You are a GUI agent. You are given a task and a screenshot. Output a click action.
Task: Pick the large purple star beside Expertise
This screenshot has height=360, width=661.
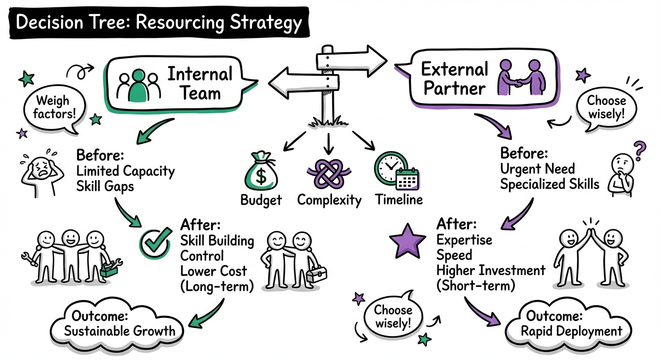pyautogui.click(x=408, y=241)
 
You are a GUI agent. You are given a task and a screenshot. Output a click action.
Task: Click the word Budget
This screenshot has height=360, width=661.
pyautogui.click(x=261, y=200)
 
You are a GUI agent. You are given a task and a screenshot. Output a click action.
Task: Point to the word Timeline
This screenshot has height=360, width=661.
pyautogui.click(x=399, y=200)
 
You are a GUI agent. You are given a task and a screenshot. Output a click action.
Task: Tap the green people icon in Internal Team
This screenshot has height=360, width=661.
pyautogui.click(x=138, y=85)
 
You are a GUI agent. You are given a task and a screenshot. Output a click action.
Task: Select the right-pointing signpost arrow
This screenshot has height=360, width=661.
pyautogui.click(x=352, y=59)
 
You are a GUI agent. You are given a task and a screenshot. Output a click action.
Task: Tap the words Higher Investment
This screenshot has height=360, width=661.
pyautogui.click(x=491, y=270)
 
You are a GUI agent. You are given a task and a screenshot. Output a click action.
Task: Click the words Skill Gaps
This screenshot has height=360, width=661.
pyautogui.click(x=105, y=186)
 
